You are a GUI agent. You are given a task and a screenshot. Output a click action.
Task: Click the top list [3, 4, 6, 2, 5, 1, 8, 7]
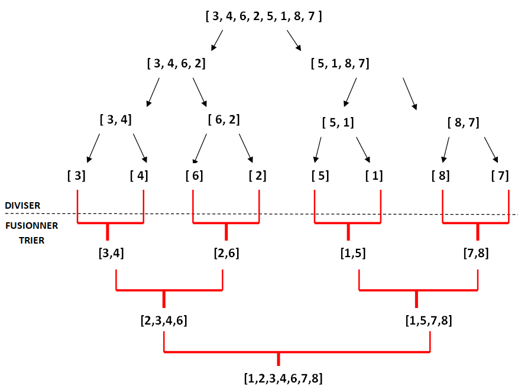pyautogui.click(x=264, y=16)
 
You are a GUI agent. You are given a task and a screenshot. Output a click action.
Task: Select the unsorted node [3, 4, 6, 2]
pyautogui.click(x=176, y=63)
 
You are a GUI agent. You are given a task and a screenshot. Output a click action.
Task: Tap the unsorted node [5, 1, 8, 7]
pyautogui.click(x=340, y=63)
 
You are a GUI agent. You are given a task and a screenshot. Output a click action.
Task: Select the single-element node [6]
pyautogui.click(x=194, y=176)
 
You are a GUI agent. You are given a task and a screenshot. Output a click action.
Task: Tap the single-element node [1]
pyautogui.click(x=374, y=176)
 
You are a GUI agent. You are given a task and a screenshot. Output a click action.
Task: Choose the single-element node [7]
pyautogui.click(x=500, y=176)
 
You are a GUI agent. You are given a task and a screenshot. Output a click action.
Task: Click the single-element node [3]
pyautogui.click(x=77, y=176)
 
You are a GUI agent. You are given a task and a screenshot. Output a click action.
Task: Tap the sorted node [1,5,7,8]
pyautogui.click(x=429, y=321)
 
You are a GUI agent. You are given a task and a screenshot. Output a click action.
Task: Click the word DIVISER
pyautogui.click(x=23, y=205)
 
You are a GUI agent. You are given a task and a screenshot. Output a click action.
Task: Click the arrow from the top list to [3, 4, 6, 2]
pyautogui.click(x=217, y=40)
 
